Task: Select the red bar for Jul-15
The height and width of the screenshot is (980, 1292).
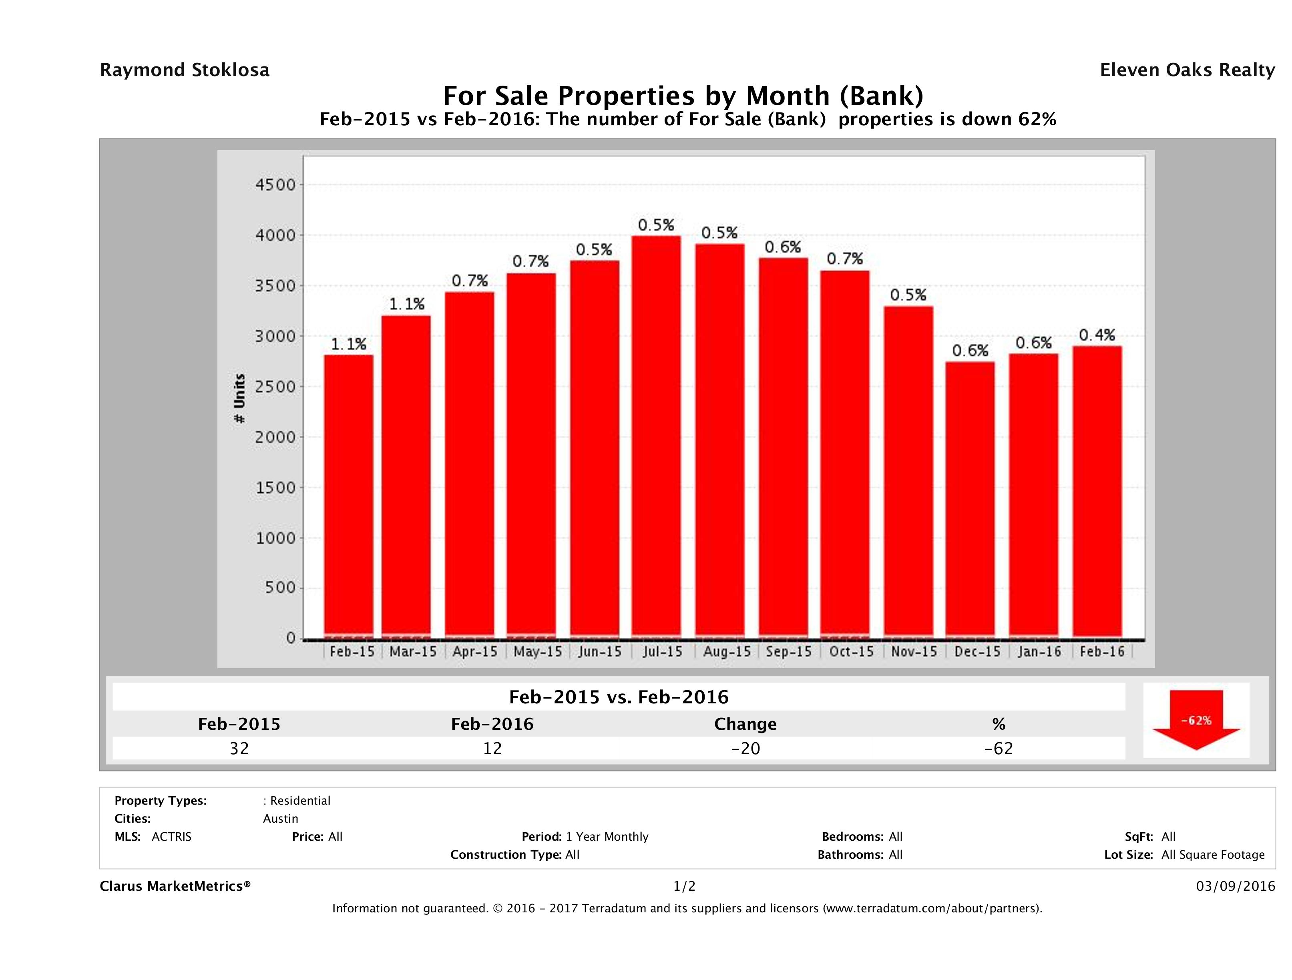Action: pyautogui.click(x=656, y=435)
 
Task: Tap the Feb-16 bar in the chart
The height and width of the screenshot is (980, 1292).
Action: pyautogui.click(x=1097, y=490)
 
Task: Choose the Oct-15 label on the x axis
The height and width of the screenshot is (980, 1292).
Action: pyautogui.click(x=851, y=652)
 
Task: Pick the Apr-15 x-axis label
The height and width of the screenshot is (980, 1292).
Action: pyautogui.click(x=474, y=652)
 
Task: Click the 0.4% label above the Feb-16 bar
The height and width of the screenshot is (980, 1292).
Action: pyautogui.click(x=1097, y=335)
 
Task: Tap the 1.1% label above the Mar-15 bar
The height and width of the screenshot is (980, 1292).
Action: pyautogui.click(x=406, y=304)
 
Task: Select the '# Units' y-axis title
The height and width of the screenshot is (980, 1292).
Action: pyautogui.click(x=239, y=398)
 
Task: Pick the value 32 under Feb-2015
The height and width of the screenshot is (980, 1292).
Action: pyautogui.click(x=239, y=749)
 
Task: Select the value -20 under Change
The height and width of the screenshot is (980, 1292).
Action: pyautogui.click(x=745, y=749)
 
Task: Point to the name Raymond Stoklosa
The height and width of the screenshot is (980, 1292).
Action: pyautogui.click(x=185, y=70)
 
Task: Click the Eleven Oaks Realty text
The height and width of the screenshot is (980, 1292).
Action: pyautogui.click(x=1187, y=70)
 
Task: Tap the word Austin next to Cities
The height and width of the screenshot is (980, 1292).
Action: pyautogui.click(x=280, y=819)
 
